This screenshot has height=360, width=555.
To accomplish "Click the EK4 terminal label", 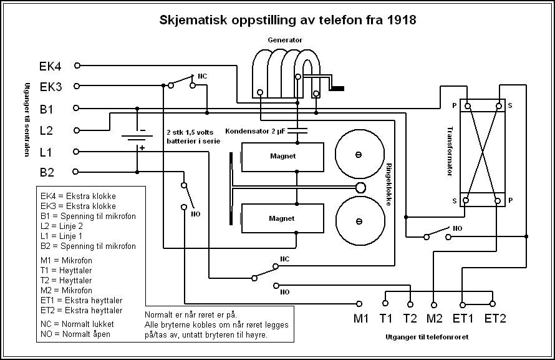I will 51,66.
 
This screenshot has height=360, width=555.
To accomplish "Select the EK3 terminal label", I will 51,87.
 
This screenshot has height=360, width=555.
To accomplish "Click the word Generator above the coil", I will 284,39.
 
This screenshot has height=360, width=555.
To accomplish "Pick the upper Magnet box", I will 282,157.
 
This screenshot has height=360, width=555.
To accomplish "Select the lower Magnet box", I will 282,218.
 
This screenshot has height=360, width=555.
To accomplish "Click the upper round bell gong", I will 359,154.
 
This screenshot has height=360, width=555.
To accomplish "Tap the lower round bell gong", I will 359,221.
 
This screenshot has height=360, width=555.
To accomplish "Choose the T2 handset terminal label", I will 410,319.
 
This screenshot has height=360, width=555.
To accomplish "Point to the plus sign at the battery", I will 143,148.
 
